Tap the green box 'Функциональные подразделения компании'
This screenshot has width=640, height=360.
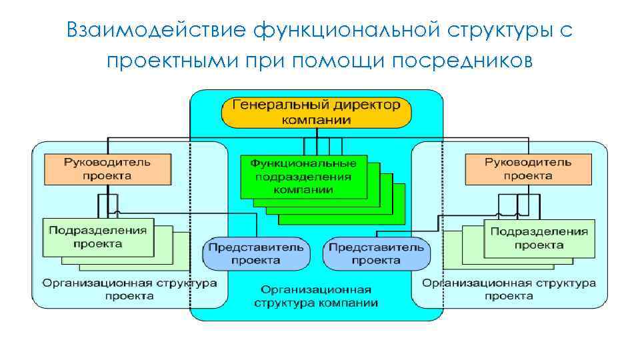point(303,176)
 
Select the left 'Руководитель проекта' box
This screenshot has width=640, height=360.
point(107,169)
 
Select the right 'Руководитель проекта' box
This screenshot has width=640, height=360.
point(527,169)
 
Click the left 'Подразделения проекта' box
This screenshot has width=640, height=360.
point(97,237)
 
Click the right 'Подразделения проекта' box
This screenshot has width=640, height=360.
point(539,238)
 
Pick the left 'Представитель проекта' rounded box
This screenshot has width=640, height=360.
point(256,253)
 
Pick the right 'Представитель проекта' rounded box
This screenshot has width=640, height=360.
point(377,253)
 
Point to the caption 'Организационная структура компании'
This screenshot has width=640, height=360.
point(316,296)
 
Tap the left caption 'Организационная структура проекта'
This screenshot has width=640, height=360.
point(129,289)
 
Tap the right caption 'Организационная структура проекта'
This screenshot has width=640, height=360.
point(509,289)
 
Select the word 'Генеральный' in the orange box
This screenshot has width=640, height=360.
point(273,105)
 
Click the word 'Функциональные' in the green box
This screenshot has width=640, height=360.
point(303,163)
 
